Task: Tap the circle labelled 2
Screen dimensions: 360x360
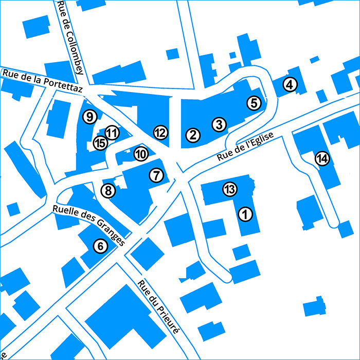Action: (193, 135)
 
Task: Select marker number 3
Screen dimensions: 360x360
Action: (219, 124)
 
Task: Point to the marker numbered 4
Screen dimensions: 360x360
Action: (291, 85)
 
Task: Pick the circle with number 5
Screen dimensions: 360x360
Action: (254, 103)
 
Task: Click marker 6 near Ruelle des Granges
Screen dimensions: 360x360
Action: (100, 246)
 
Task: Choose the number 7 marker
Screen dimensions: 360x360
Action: (156, 175)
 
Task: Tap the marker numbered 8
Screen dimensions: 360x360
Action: (108, 191)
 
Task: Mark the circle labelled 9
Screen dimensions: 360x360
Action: (90, 117)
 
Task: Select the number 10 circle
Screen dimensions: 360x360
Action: (141, 153)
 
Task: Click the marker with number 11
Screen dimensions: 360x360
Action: (112, 133)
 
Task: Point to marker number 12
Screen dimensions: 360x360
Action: (160, 133)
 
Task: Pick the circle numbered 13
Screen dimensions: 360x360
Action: (230, 189)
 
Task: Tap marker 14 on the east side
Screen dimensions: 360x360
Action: (322, 158)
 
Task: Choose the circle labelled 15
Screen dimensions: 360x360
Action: (100, 143)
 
